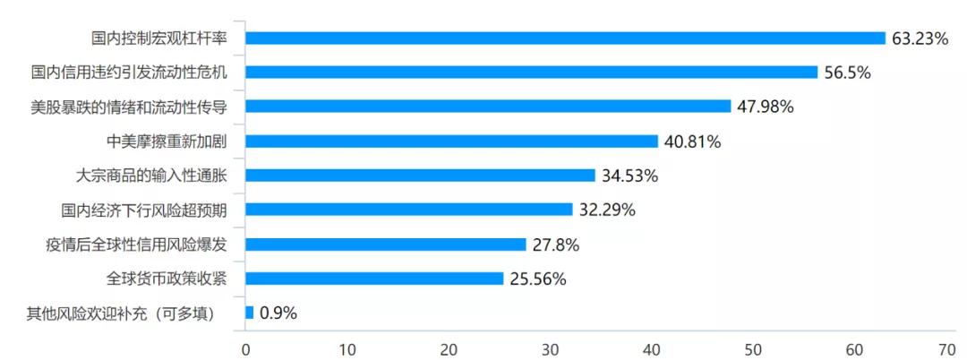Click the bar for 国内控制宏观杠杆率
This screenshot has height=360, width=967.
tap(565, 38)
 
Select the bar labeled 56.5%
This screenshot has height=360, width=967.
tap(531, 73)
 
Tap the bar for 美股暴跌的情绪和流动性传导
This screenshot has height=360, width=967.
tap(488, 107)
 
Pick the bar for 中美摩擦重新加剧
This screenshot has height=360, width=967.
tap(451, 141)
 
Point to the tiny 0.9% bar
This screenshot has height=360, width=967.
tap(249, 313)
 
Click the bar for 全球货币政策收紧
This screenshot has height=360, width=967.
tap(374, 279)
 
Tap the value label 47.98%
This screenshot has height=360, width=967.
tap(766, 107)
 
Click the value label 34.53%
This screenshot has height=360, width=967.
tap(629, 176)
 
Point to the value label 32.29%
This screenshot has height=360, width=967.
tap(607, 210)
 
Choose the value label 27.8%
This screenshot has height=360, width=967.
tap(556, 244)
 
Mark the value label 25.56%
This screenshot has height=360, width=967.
tap(538, 279)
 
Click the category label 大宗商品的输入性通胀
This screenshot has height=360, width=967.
tap(151, 176)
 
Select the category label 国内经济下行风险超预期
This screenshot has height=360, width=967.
tap(143, 210)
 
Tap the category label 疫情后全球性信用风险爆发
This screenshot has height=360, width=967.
tap(136, 244)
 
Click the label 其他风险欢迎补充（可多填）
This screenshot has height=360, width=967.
tap(121, 313)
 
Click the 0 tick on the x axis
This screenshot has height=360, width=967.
tap(245, 348)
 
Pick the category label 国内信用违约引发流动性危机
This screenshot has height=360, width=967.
tap(129, 73)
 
